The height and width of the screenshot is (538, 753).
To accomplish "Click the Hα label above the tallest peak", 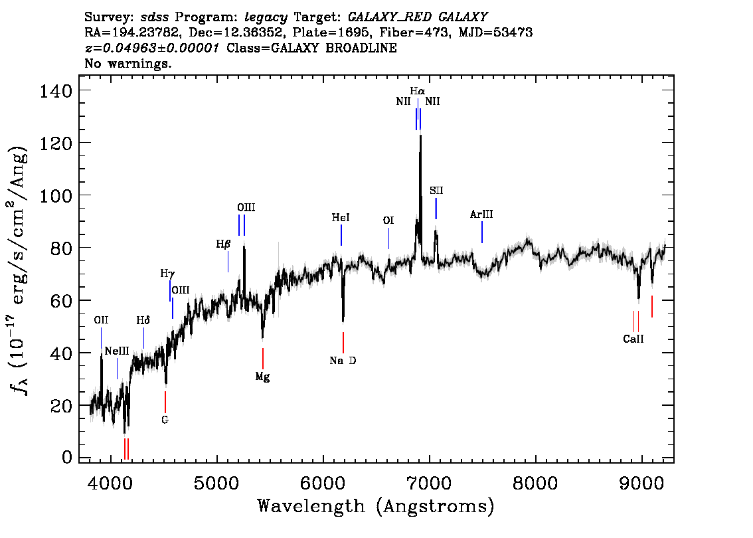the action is pos(417,91).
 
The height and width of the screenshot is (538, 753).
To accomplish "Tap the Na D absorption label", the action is pos(343,360).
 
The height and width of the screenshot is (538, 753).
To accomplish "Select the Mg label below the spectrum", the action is pos(263,377).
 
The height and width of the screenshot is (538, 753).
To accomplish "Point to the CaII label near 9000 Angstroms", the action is pos(633,339).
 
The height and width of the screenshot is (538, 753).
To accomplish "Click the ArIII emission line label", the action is pos(481,215).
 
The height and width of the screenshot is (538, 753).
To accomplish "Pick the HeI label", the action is pos(341,218).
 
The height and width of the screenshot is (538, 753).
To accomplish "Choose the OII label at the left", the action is pos(101,320).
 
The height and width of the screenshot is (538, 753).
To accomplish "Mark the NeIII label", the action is pos(117,351).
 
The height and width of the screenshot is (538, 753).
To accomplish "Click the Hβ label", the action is pos(223,244).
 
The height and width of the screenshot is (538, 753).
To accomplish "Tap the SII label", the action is pos(436,191).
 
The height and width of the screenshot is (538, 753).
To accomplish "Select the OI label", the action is pos(388,221).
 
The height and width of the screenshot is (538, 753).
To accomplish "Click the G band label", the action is pos(165,420).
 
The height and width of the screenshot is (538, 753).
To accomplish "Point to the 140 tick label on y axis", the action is pos(55,90).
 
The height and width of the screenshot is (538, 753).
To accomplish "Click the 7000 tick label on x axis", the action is pos(428,483).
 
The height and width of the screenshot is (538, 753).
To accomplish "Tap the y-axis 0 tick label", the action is pos(67,457).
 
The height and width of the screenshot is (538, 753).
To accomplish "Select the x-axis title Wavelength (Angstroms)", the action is pos(376,506).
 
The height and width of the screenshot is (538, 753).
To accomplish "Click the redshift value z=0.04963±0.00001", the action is pos(152,48).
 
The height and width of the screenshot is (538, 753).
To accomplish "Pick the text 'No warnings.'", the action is pos(127,63).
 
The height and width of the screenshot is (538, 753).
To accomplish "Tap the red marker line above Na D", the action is pos(343,343).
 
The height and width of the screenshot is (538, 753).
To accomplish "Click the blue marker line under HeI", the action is pos(341,235).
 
